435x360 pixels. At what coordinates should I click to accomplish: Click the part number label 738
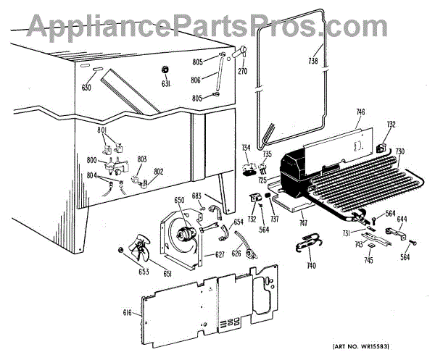pos(313,60)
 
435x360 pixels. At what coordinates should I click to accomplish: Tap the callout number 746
pos(360,112)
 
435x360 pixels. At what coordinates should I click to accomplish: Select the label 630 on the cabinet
pos(87,88)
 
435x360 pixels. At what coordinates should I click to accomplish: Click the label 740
pos(311,266)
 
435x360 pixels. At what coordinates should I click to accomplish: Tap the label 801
pos(102,130)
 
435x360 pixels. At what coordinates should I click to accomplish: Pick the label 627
pos(219,255)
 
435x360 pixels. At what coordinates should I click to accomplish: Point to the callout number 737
pos(275,219)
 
